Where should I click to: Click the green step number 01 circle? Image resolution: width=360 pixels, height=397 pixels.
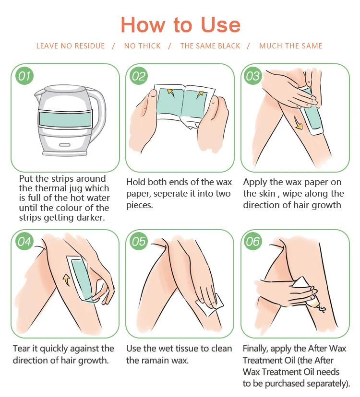tap(24, 76)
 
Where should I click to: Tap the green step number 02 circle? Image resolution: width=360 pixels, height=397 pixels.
tap(139, 76)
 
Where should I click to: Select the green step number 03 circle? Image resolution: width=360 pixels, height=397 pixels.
tap(253, 76)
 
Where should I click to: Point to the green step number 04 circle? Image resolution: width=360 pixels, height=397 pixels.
tap(24, 241)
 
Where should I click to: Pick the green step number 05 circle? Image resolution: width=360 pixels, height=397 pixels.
tap(139, 241)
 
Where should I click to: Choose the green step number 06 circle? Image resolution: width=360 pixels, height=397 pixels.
tap(253, 241)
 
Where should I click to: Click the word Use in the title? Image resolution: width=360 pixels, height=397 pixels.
tap(220, 25)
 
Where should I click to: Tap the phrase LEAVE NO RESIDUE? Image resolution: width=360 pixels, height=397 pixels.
tap(71, 46)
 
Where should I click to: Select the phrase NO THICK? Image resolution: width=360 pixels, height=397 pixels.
tap(142, 46)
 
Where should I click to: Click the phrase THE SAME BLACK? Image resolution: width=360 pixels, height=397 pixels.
tap(210, 46)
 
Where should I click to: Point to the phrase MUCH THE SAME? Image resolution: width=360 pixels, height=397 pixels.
tap(290, 46)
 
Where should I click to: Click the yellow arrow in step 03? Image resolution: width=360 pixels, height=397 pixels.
tap(298, 123)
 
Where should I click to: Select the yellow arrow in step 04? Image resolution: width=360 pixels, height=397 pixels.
tap(67, 280)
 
